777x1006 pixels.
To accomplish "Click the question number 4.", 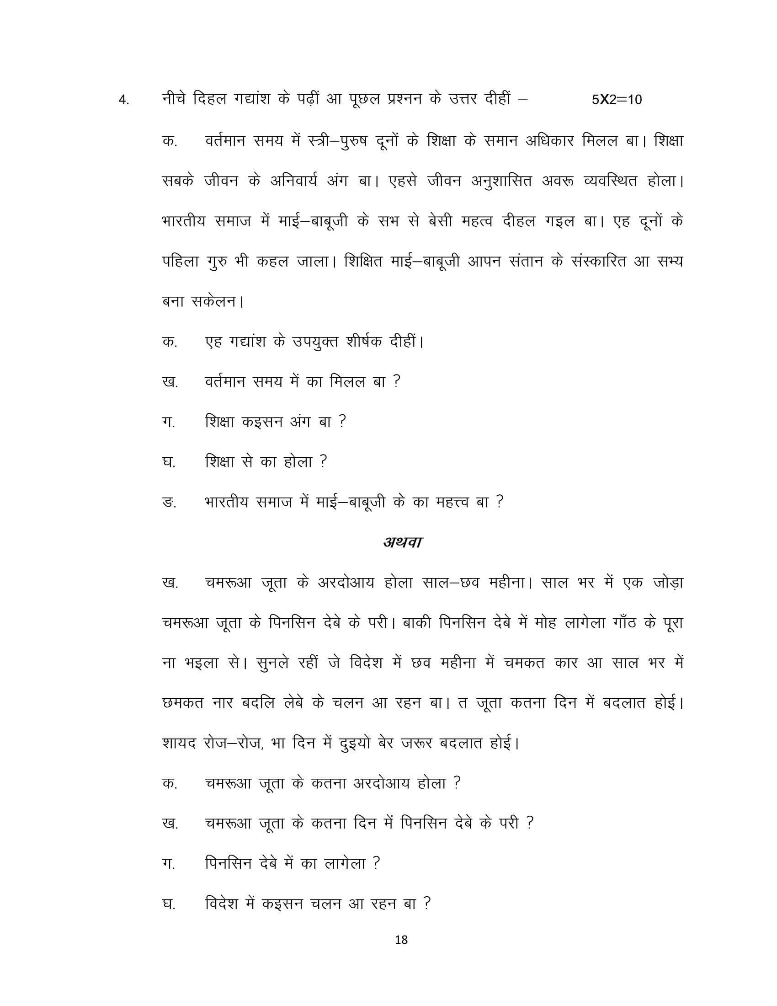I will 123,101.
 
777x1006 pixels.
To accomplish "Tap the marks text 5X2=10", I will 617,100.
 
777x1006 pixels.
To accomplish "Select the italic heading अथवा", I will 402,542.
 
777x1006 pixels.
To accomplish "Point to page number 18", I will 401,940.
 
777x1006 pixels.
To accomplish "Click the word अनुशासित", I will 501,181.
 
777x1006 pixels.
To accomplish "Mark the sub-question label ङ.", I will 169,502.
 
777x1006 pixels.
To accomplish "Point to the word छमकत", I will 183,703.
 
